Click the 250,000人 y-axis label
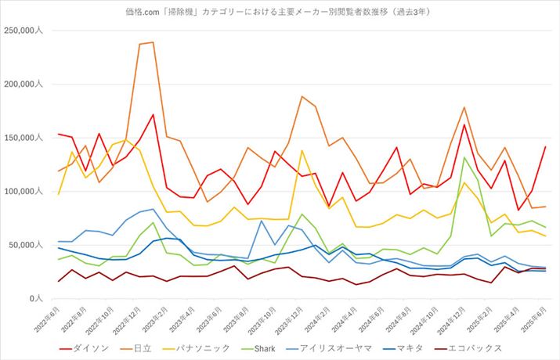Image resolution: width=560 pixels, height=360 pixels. (27, 31)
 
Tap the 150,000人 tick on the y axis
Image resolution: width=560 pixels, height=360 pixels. (27, 138)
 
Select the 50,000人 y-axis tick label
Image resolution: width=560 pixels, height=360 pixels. (30, 245)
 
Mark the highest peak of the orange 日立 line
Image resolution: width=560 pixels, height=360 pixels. (152, 42)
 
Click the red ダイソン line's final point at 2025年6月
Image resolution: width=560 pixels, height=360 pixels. (545, 147)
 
